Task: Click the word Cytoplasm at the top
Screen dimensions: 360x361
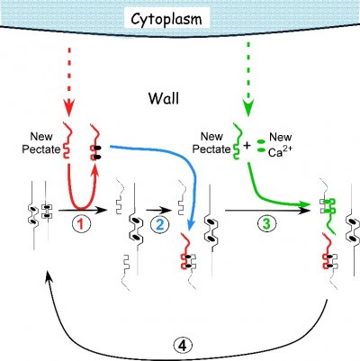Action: coord(166,19)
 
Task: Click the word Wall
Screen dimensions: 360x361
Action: coord(164,98)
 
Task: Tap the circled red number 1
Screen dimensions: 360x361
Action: coord(81,224)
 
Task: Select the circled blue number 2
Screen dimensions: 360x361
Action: coord(159,224)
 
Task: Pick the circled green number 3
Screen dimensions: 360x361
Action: coord(266,223)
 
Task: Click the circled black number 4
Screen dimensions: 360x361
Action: coord(182,347)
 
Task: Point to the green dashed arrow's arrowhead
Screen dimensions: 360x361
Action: coord(247,109)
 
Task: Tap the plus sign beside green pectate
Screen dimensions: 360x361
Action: coord(247,146)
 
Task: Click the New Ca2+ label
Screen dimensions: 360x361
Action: coord(280,145)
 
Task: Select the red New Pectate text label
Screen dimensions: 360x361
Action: coord(41,143)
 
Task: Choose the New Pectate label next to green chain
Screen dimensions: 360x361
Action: coord(211,143)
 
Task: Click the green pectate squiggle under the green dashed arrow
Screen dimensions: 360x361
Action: coord(237,141)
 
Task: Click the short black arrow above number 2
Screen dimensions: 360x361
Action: coord(159,210)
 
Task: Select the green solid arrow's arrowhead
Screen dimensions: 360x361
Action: coord(305,205)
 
